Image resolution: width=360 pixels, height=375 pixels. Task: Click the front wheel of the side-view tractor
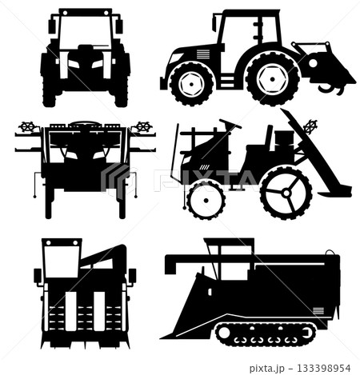click(191, 84)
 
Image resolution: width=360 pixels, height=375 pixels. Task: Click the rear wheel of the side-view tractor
click(272, 79)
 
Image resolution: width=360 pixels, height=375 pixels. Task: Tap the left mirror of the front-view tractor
click(52, 26)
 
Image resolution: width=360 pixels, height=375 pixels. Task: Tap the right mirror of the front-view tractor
click(119, 26)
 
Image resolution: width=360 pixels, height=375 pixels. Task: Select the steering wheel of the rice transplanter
click(230, 124)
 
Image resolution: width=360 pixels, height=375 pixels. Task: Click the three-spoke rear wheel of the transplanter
click(286, 193)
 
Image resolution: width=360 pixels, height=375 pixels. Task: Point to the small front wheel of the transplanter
click(206, 201)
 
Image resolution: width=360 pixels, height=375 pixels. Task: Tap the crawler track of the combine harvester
click(266, 334)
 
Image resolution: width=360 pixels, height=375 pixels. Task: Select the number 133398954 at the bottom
click(323, 369)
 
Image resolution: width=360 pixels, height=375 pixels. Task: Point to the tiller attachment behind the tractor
click(324, 67)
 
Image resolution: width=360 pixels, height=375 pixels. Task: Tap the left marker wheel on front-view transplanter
click(27, 126)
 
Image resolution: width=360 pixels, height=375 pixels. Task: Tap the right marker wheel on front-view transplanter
click(144, 126)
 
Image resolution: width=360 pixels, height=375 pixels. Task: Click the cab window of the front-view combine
click(62, 261)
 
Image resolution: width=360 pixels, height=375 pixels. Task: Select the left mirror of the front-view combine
click(38, 276)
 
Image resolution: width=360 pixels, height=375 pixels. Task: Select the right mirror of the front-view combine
click(133, 276)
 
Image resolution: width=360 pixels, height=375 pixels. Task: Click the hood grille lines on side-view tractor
click(203, 54)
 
